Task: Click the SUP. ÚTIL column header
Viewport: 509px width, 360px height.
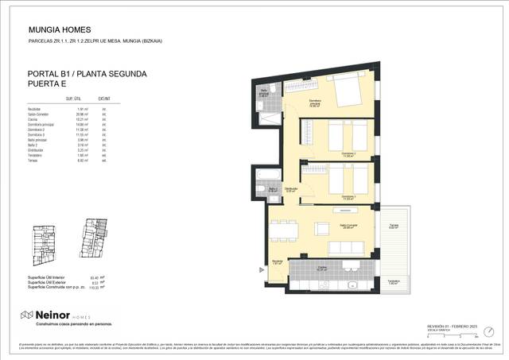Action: click(74, 99)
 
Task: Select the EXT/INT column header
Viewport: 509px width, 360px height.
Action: click(103, 99)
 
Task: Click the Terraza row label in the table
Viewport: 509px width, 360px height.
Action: click(34, 160)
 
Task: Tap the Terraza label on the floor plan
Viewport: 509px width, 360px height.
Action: click(394, 226)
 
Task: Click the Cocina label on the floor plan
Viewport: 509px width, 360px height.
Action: click(322, 268)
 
